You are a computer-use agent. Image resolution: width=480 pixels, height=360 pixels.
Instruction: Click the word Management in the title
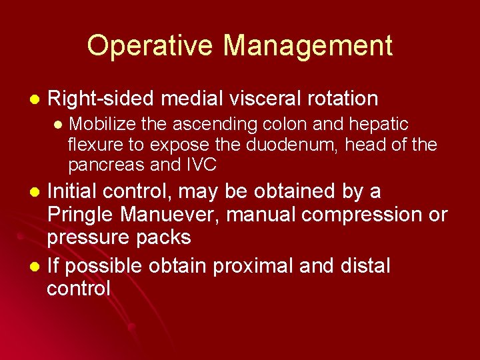click(308, 46)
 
